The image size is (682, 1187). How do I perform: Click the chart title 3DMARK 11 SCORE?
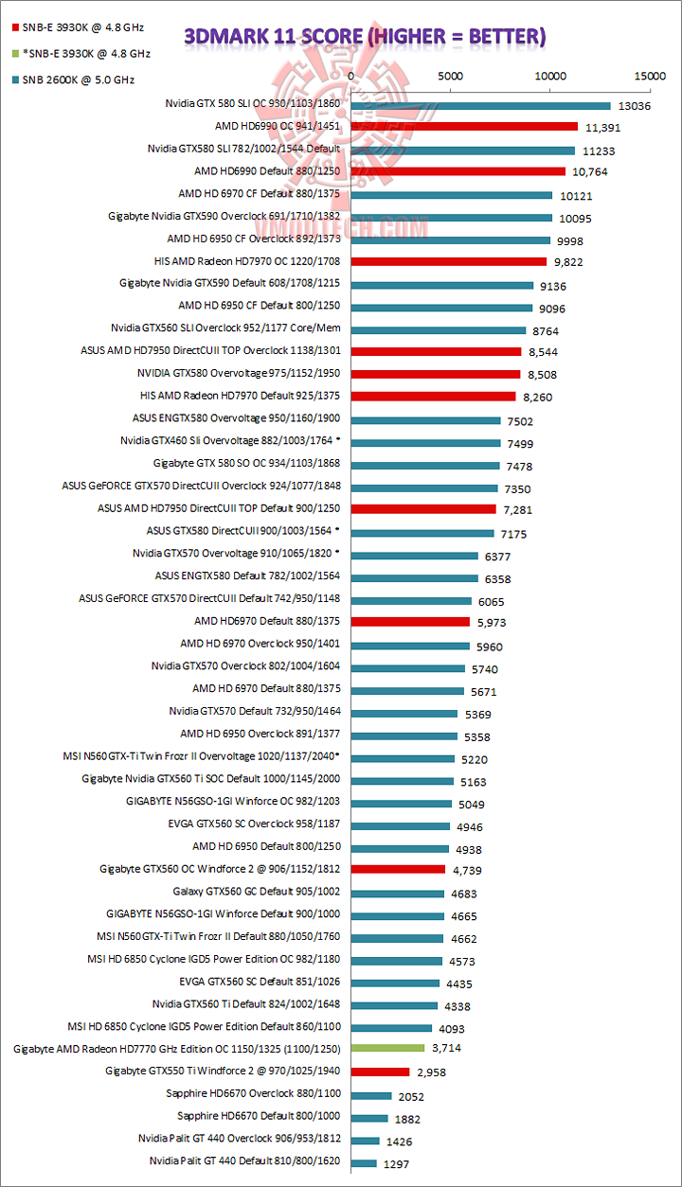(365, 36)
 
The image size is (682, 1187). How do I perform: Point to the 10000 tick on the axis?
(549, 76)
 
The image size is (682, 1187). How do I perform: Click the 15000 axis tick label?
(649, 76)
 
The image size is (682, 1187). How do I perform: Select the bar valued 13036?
(481, 105)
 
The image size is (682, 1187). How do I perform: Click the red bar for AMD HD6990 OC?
(464, 126)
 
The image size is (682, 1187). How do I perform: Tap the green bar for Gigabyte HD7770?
(388, 1049)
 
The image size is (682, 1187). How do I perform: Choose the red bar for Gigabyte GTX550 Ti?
(381, 1072)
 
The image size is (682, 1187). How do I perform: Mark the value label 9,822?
(570, 263)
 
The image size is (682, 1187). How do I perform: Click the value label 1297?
(396, 1164)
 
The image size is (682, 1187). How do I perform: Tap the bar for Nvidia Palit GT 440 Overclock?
(366, 1141)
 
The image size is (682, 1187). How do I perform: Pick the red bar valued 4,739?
(398, 869)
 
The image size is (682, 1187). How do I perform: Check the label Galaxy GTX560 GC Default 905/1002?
(257, 892)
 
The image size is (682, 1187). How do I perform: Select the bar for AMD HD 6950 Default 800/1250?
(399, 846)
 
